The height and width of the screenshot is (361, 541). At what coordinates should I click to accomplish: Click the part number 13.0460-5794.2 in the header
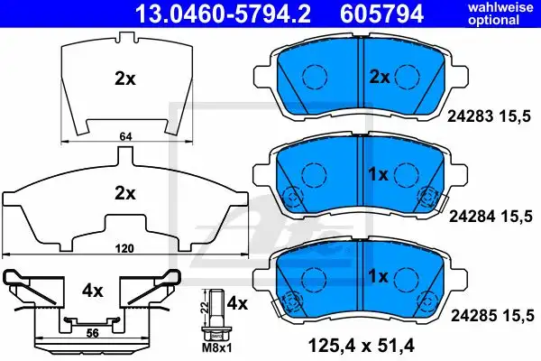pos(223,14)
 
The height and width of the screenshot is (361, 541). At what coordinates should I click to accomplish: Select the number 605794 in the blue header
pos(381,14)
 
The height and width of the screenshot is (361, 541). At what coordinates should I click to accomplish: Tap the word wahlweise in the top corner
pos(500,7)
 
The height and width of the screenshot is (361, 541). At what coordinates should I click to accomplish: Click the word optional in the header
pos(494,20)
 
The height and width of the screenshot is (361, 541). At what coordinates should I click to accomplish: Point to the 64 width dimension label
pos(125,137)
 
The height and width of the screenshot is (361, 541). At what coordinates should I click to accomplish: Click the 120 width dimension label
pos(124,248)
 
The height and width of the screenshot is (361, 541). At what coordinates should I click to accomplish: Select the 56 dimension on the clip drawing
pos(92,333)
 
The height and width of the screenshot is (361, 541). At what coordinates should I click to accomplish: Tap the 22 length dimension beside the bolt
pos(204,307)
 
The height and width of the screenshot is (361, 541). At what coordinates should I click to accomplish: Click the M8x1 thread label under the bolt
pos(216,347)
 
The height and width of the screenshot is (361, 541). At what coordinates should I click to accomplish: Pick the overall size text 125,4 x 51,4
pos(361,346)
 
